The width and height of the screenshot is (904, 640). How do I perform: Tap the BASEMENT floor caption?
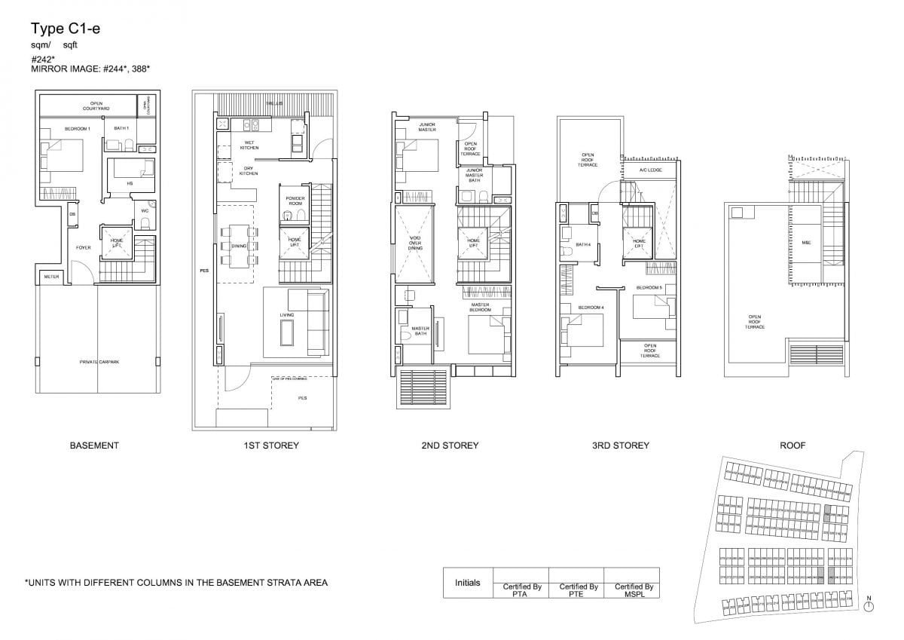click(94, 446)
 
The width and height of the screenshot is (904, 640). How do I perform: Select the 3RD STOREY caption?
click(620, 446)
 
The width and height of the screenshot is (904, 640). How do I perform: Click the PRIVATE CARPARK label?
click(99, 363)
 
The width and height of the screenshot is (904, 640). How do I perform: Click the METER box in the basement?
click(50, 276)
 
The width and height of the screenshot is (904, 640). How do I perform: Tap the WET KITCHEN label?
click(249, 145)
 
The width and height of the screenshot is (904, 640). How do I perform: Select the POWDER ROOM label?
click(295, 201)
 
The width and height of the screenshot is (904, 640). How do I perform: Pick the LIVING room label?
click(286, 314)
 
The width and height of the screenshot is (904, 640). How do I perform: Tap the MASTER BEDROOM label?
click(480, 308)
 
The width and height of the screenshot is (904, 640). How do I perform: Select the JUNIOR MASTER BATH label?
click(475, 176)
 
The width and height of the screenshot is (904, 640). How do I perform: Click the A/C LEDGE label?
click(649, 170)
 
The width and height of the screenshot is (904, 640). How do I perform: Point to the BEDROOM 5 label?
click(649, 288)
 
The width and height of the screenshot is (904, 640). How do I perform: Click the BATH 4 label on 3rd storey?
click(582, 244)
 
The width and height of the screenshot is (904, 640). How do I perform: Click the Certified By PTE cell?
click(579, 589)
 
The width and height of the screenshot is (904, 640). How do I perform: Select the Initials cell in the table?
click(467, 583)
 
